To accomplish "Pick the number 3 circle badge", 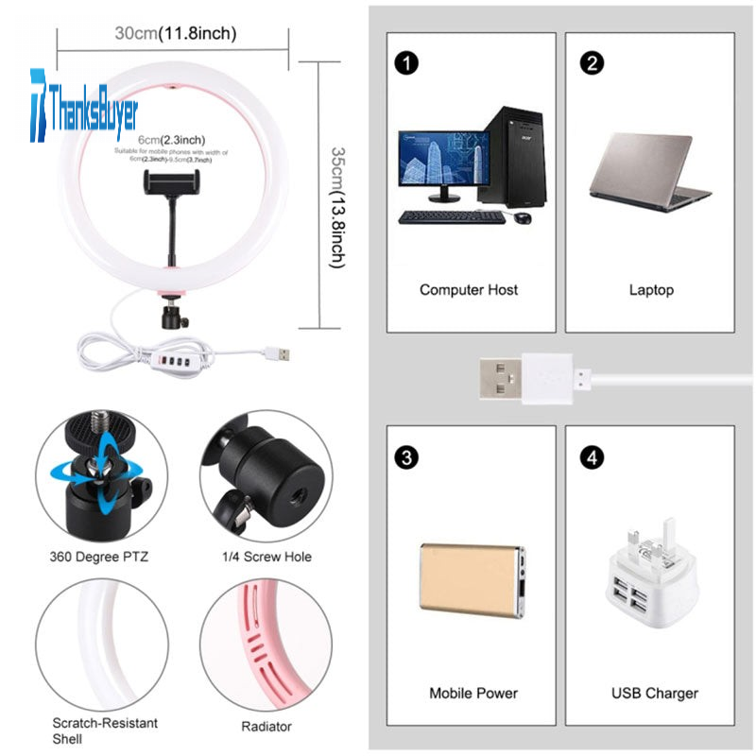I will click(x=406, y=458).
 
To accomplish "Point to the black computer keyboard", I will click(x=452, y=217).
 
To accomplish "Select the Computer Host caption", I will click(x=469, y=290).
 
